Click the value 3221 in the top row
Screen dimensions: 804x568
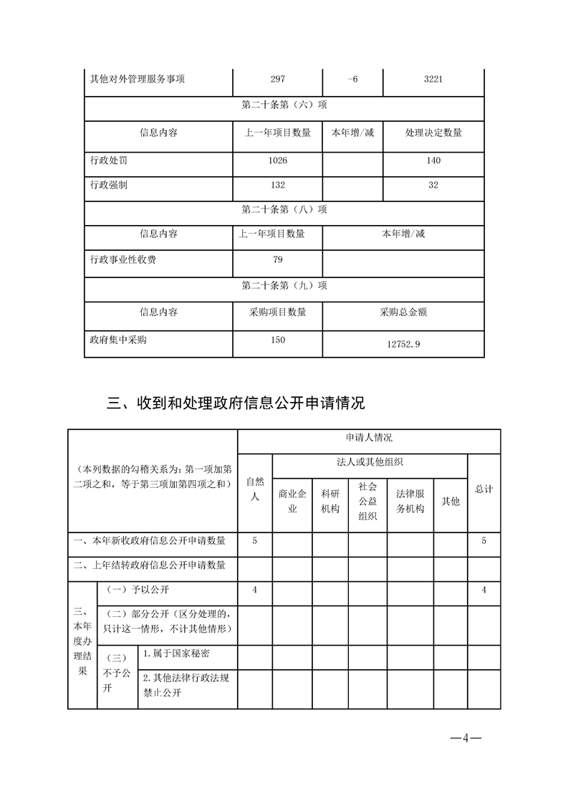click(x=433, y=80)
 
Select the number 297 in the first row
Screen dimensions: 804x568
click(x=278, y=80)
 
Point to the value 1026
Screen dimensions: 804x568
click(x=278, y=161)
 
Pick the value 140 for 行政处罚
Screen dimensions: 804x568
click(x=433, y=161)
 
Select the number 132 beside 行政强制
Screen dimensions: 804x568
click(x=278, y=185)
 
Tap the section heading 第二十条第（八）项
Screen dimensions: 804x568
click(x=284, y=209)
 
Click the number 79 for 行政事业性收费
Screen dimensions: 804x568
click(x=278, y=259)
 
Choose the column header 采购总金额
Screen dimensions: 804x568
click(x=403, y=312)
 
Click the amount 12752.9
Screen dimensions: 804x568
click(x=403, y=344)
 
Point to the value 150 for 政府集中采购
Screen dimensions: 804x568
click(x=278, y=340)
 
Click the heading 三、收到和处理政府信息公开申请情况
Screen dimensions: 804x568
click(x=236, y=403)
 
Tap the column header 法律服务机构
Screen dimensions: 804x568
click(x=410, y=502)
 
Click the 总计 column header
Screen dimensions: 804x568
click(x=483, y=489)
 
